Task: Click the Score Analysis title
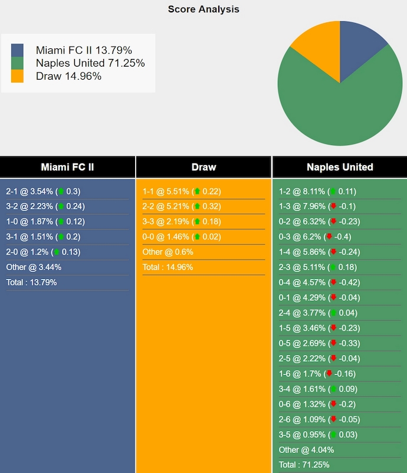203,9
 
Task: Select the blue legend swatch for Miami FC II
18,50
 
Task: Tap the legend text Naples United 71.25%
90,63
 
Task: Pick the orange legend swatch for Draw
18,76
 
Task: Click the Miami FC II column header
67,167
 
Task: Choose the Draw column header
203,167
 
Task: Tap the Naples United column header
340,167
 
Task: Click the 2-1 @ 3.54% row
43,191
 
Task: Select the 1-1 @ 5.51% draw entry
180,191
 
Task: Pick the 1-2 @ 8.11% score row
317,191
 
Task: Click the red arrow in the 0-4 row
333,283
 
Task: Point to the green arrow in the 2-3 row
334,267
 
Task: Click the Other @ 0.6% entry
168,252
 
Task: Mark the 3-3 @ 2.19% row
180,222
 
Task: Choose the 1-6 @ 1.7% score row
316,373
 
